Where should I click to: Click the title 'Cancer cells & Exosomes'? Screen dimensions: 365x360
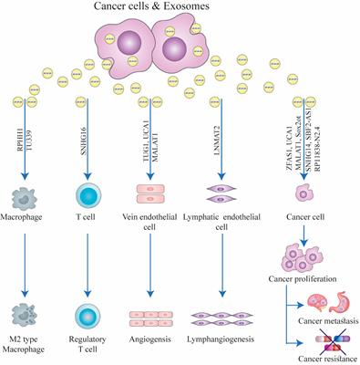(x=180, y=8)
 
